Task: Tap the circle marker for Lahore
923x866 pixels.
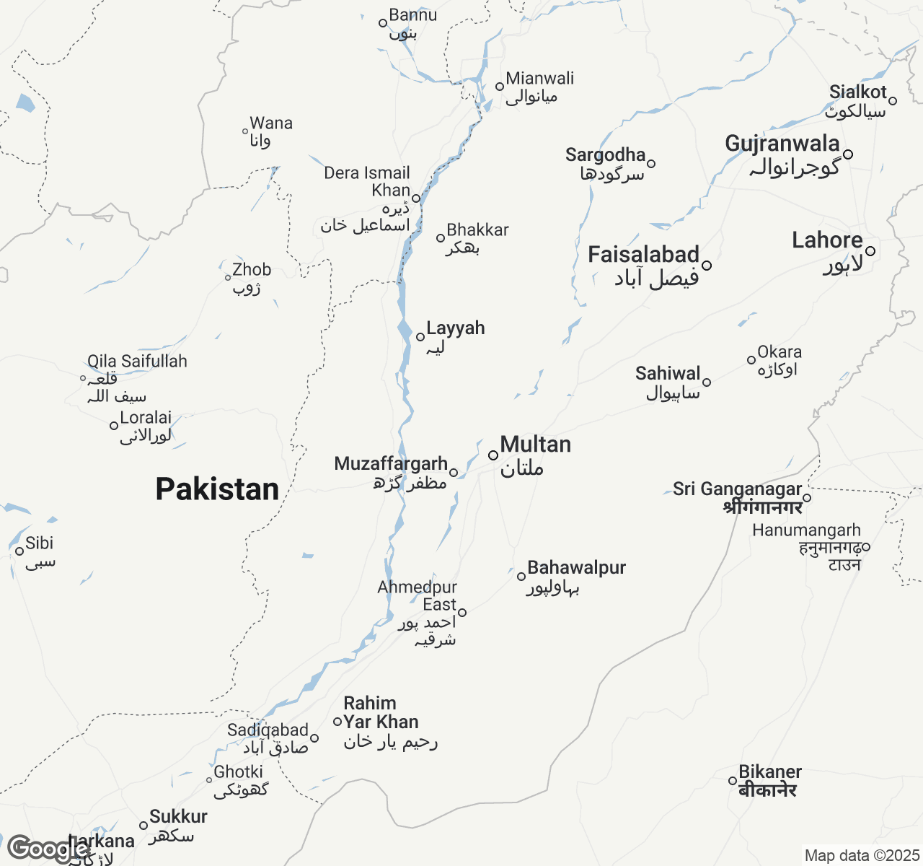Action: point(870,251)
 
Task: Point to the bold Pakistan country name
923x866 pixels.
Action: point(217,489)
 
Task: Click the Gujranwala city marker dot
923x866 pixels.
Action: point(848,154)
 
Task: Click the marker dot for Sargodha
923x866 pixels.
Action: point(651,164)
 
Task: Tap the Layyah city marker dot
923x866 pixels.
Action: point(420,337)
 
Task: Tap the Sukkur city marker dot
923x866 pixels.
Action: point(143,826)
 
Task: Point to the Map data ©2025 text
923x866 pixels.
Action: point(861,856)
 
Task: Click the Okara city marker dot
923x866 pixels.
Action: point(751,360)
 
